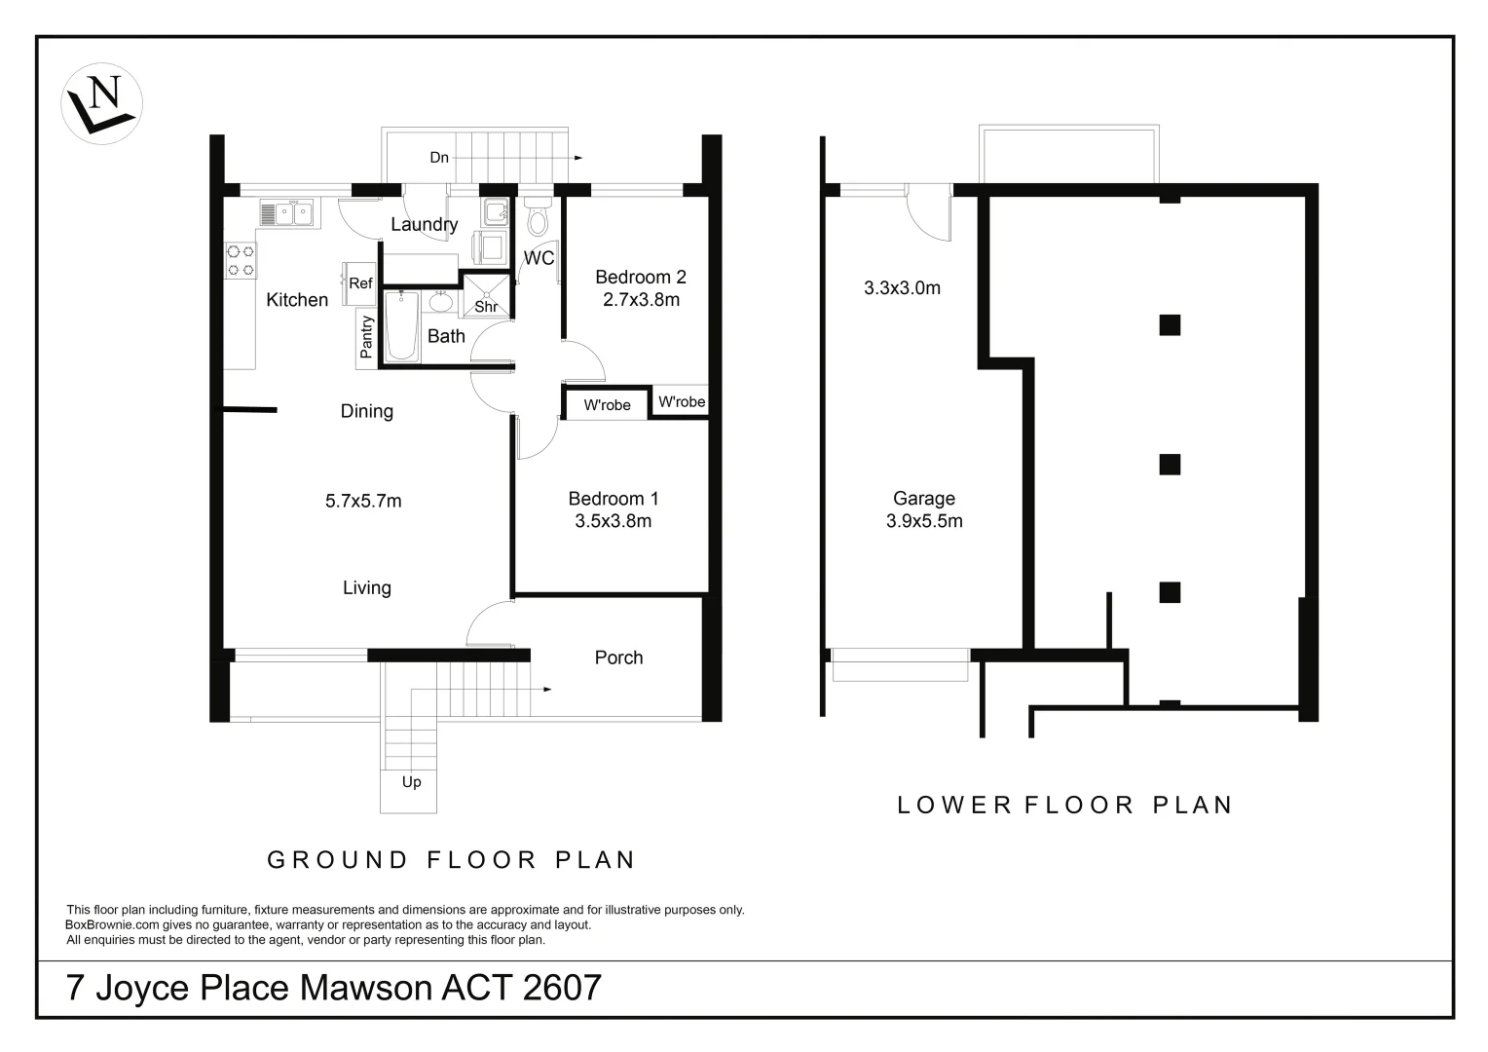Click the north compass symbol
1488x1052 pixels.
(101, 103)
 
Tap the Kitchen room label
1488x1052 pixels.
(297, 300)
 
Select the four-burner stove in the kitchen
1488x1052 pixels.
(241, 260)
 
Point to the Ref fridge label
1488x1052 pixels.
(360, 283)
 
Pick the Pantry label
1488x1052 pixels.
(366, 337)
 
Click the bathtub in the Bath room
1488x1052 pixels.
(402, 326)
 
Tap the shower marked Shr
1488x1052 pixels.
(486, 296)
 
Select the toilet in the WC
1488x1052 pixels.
(537, 216)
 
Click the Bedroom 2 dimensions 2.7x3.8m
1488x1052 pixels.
(641, 300)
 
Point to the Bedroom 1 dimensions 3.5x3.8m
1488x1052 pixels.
(614, 521)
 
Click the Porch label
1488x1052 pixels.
(618, 657)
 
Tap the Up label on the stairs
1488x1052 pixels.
(411, 782)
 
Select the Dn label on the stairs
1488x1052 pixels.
(439, 158)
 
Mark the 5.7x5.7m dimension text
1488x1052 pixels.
(363, 501)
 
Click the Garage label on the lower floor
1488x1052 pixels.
(924, 499)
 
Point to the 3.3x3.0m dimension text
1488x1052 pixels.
(902, 287)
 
